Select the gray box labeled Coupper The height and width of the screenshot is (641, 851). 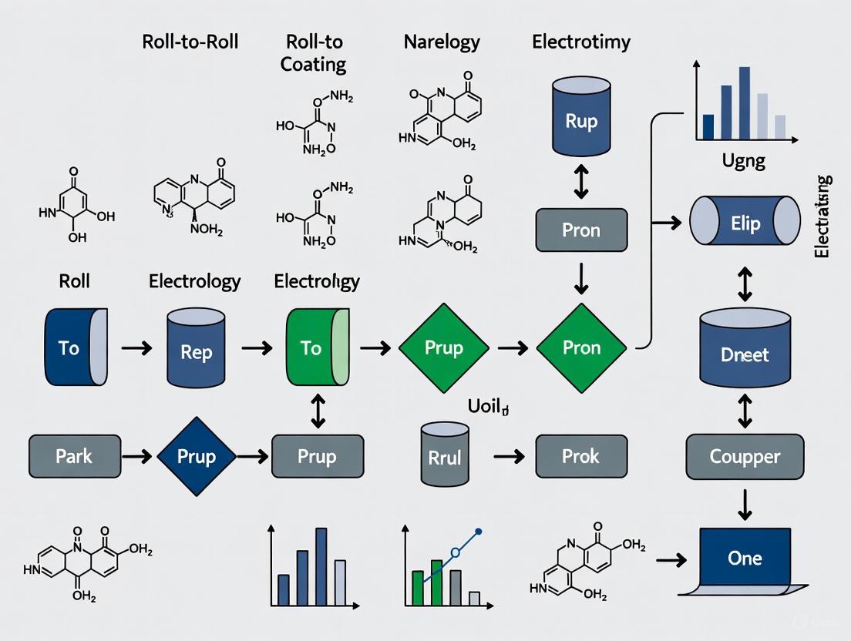pos(745,457)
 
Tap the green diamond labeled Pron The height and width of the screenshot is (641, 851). pos(581,347)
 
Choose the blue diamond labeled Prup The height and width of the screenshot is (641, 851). pos(196,456)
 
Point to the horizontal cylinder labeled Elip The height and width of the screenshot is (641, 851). pos(745,224)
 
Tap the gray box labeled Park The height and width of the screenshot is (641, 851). pos(75,456)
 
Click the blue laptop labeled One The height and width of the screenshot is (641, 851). pos(745,559)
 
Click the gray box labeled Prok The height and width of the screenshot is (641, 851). pos(581,456)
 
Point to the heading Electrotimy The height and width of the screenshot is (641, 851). pos(581,42)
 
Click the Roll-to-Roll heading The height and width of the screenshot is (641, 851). pos(190,42)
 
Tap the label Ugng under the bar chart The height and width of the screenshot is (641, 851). pos(743,161)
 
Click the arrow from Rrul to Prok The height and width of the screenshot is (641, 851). pos(509,457)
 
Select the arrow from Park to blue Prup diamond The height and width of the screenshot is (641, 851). pos(137,457)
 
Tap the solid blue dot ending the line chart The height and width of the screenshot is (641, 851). pos(479,532)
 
